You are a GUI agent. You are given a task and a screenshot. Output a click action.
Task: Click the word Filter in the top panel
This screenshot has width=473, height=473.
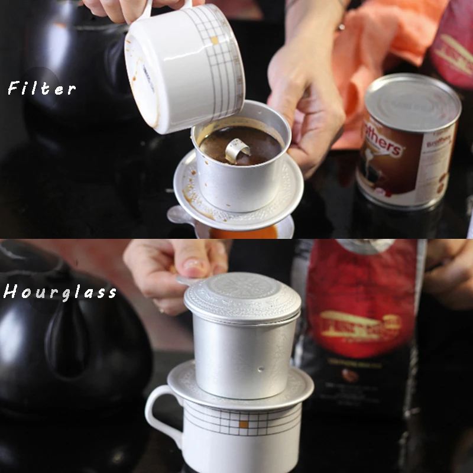41,89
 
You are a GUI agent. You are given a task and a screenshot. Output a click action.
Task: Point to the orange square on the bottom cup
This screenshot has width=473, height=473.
243,424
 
